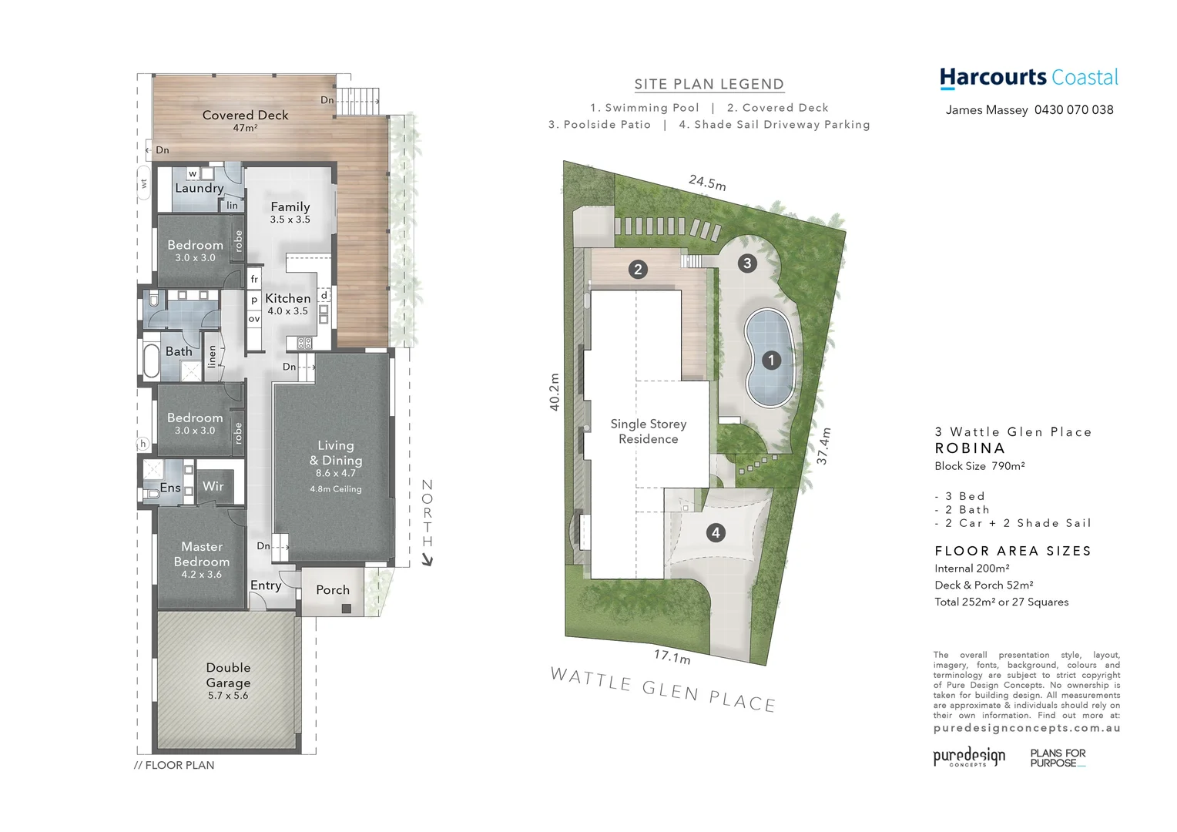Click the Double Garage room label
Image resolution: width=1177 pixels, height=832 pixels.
click(228, 675)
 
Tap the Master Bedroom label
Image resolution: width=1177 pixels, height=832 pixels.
click(202, 554)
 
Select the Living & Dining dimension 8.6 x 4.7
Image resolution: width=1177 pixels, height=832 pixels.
click(336, 473)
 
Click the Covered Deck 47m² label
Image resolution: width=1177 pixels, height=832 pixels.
click(245, 119)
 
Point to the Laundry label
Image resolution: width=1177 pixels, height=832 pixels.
click(199, 188)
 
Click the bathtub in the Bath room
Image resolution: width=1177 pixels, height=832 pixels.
click(150, 362)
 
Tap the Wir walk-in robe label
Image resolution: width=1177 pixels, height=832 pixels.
click(213, 486)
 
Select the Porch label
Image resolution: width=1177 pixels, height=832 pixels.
click(333, 590)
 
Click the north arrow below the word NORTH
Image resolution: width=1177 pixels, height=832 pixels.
click(428, 560)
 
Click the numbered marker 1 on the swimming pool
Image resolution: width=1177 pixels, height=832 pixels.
click(770, 360)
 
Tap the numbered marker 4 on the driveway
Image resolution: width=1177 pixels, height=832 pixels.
click(716, 532)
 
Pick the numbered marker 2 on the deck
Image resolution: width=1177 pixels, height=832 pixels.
click(637, 269)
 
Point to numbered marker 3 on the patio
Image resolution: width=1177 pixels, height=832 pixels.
click(746, 263)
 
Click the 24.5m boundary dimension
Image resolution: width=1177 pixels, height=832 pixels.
click(707, 183)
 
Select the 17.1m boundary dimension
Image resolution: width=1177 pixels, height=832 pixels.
click(672, 656)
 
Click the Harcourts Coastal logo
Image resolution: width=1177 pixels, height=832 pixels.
click(1028, 78)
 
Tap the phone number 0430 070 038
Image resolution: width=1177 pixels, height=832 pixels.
click(1074, 110)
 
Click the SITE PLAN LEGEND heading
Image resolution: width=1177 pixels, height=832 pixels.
click(709, 85)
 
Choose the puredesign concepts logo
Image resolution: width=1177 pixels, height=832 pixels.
click(969, 757)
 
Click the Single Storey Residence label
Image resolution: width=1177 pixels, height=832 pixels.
click(648, 431)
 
